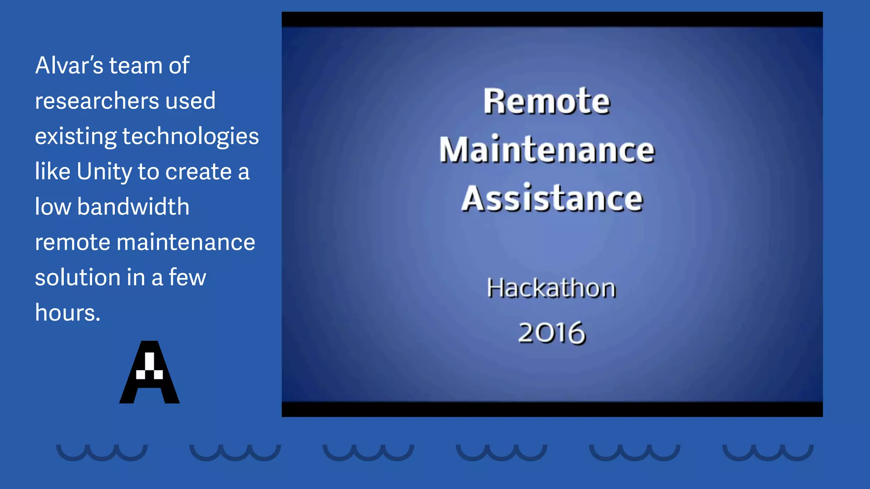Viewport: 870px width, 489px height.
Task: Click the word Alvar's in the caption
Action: pyautogui.click(x=69, y=65)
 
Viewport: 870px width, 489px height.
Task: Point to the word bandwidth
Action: pyautogui.click(x=133, y=207)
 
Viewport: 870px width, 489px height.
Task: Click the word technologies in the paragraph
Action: pyautogui.click(x=190, y=136)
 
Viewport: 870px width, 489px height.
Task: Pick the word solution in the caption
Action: pyautogui.click(x=77, y=278)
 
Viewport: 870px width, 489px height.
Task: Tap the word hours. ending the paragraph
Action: pyautogui.click(x=68, y=313)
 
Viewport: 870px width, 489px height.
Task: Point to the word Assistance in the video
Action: pyautogui.click(x=552, y=198)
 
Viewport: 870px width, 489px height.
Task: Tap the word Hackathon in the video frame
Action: pyautogui.click(x=551, y=288)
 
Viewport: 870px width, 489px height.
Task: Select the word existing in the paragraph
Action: pyautogui.click(x=75, y=137)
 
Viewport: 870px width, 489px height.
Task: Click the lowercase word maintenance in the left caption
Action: pyautogui.click(x=186, y=242)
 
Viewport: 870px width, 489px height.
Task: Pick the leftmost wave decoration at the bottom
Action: pyautogui.click(x=102, y=452)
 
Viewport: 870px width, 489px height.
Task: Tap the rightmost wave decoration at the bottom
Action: pyautogui.click(x=768, y=452)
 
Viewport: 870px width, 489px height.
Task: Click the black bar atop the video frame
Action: pyautogui.click(x=552, y=19)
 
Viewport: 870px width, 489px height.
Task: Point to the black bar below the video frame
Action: pyautogui.click(x=552, y=409)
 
